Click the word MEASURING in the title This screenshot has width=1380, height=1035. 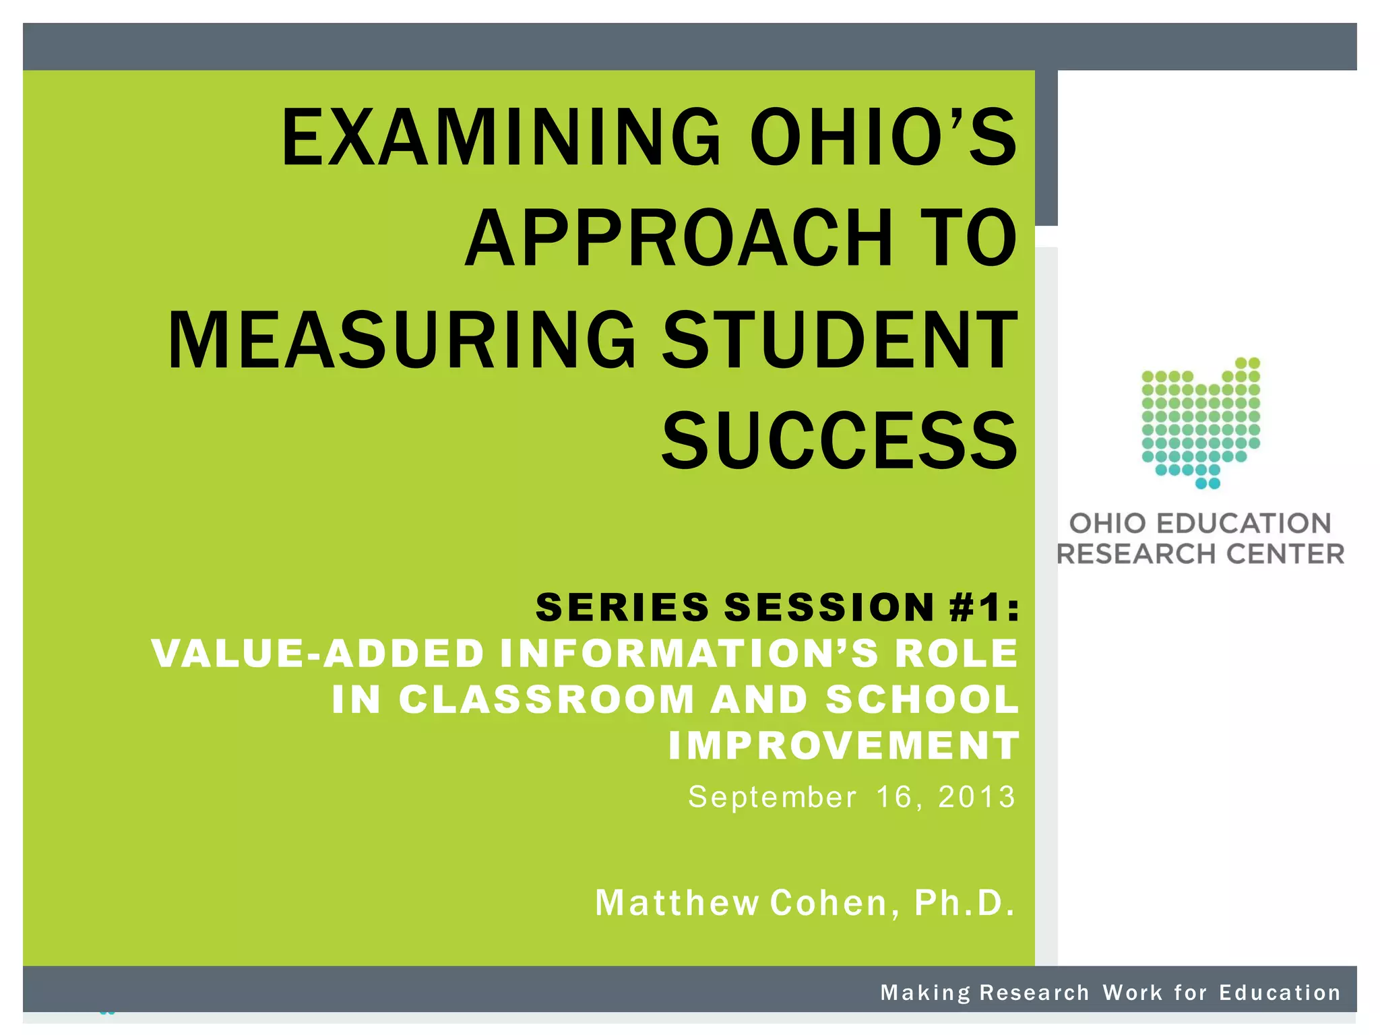(402, 340)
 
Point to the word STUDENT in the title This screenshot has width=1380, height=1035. (840, 340)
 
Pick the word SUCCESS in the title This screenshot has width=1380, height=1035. (840, 441)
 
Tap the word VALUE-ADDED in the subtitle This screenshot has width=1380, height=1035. (318, 653)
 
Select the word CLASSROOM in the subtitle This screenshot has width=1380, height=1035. (546, 699)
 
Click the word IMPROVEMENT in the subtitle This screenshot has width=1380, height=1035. (844, 745)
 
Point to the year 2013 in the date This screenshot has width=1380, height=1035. (976, 797)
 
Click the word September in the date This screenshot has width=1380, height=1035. (772, 797)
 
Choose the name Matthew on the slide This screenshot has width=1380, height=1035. (677, 903)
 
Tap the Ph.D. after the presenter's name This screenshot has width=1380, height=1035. (964, 903)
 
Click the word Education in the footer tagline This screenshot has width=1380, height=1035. (1280, 993)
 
